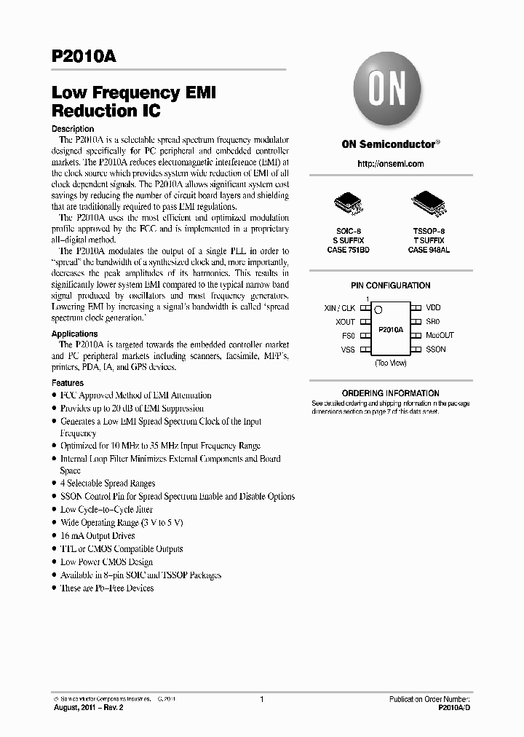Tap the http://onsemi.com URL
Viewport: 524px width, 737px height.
pos(390,164)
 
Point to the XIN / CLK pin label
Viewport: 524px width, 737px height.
pos(339,308)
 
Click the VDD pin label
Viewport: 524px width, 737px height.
pos(433,308)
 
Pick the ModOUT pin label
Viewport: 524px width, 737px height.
pos(440,336)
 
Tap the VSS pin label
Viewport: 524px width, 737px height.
pos(348,350)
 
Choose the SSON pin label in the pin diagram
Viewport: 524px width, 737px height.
pos(435,350)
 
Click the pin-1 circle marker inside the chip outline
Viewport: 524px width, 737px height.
pos(377,310)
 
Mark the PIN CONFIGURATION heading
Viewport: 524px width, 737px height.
pos(390,285)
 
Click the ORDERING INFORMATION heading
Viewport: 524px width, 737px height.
pos(390,393)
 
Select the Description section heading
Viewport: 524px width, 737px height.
pos(73,129)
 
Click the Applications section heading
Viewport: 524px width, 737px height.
pos(74,334)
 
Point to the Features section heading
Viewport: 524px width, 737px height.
pos(67,383)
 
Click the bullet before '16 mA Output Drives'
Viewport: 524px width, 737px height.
pos(55,536)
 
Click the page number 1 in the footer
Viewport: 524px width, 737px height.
pos(261,699)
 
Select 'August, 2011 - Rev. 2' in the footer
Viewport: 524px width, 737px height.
pos(89,707)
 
